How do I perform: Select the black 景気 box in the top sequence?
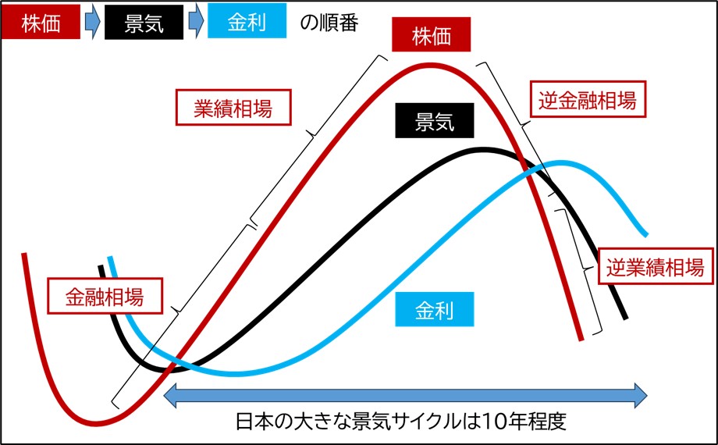coord(144,23)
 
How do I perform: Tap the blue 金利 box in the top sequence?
coord(247,23)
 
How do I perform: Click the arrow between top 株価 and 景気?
coord(92,24)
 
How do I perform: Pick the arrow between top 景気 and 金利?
coord(195,24)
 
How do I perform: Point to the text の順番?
coord(329,23)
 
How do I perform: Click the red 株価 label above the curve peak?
coord(431,34)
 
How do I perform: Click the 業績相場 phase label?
coord(233,107)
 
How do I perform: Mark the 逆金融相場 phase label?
coord(588,99)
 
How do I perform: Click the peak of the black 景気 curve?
coord(484,149)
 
